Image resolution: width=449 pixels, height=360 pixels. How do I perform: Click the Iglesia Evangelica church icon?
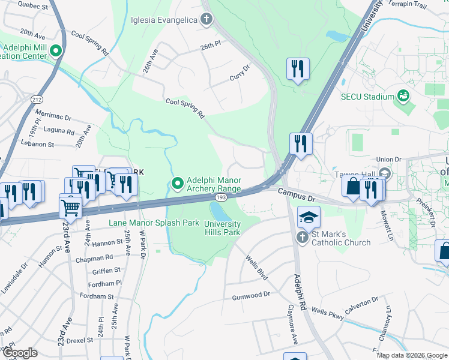pos(206,20)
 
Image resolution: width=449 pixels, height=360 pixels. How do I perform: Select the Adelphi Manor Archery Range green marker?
pos(177,184)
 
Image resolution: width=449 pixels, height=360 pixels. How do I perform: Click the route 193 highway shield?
pos(221,196)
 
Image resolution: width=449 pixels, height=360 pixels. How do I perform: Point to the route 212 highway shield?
pos(37,100)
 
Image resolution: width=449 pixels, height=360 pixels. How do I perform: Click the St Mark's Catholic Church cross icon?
pos(303,238)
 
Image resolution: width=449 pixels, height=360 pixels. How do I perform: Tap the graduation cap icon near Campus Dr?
pos(309,217)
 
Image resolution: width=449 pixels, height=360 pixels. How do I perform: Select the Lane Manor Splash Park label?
pos(154,223)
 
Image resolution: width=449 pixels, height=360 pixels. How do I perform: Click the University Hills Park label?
pos(222,228)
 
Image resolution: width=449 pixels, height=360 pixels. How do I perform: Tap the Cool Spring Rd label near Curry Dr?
pos(185,108)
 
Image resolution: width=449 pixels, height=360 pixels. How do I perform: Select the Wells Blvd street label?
pos(256,268)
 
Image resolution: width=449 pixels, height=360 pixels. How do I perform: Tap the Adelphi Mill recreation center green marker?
pos(56,52)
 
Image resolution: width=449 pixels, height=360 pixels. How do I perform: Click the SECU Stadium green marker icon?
pos(403,96)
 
